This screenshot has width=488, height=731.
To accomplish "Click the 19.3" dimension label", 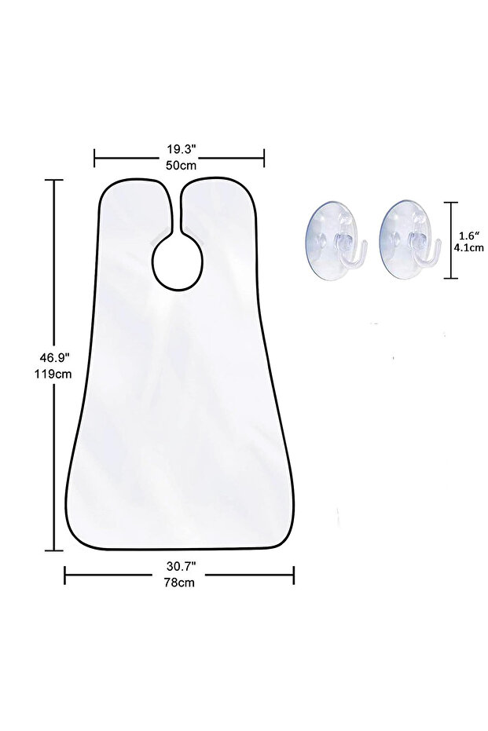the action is [180, 149].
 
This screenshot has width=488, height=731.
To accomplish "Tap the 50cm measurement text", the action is [181, 165].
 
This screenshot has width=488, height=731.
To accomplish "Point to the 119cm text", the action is [53, 374].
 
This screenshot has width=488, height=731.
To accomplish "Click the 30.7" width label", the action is [180, 566].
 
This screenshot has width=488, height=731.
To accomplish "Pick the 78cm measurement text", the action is [179, 583].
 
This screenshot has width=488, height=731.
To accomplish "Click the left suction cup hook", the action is [334, 239].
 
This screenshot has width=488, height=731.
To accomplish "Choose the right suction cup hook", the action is [409, 239].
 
